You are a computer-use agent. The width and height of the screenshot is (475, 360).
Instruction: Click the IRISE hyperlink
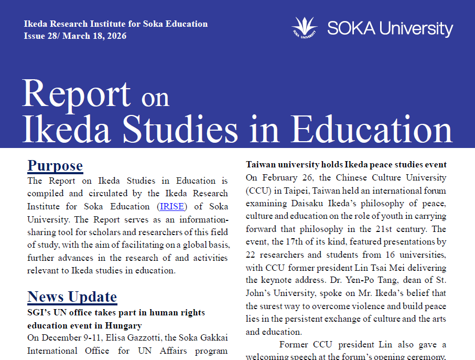(x=172, y=206)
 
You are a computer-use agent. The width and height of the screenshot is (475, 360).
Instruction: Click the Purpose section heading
(x=55, y=166)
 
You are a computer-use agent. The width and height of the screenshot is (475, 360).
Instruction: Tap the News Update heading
(x=72, y=297)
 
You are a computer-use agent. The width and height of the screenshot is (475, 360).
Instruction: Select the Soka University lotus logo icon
(x=305, y=27)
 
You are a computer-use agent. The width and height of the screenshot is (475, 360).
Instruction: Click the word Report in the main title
(x=77, y=94)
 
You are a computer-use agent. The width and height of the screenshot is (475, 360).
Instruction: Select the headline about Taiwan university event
(x=346, y=165)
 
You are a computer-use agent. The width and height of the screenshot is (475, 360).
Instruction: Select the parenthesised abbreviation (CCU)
(x=258, y=190)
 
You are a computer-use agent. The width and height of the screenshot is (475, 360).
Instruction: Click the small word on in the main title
(x=155, y=98)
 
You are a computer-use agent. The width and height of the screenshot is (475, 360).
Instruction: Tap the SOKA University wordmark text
(x=390, y=28)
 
